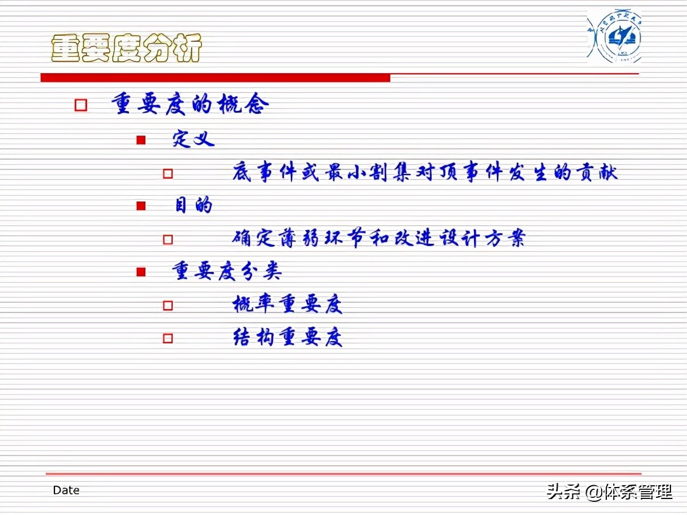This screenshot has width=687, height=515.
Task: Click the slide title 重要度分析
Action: (x=127, y=48)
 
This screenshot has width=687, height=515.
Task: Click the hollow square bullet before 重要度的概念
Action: (x=81, y=105)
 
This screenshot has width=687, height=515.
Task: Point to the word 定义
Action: (x=194, y=139)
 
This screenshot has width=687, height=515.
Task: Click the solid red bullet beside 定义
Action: (x=141, y=140)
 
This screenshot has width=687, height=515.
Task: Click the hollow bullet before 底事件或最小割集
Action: (x=168, y=173)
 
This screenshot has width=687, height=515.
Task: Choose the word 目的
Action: (x=194, y=205)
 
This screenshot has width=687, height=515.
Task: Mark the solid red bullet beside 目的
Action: (x=141, y=206)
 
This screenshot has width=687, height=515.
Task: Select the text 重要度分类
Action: (x=227, y=271)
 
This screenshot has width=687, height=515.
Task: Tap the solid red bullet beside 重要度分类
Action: (x=141, y=272)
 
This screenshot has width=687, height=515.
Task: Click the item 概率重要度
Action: (x=287, y=304)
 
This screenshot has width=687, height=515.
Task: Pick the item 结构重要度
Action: (x=287, y=338)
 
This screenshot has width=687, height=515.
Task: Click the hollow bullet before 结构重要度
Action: (x=168, y=338)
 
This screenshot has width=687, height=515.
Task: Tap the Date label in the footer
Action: (x=66, y=490)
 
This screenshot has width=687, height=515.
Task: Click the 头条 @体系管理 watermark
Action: (x=609, y=492)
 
